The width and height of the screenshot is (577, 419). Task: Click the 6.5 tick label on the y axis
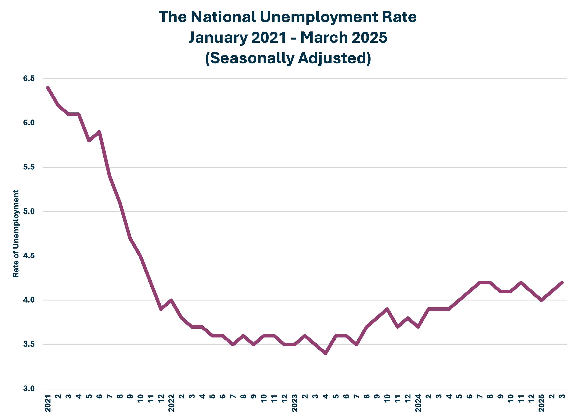[29, 79]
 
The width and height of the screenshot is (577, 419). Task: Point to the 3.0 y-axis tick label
[29, 388]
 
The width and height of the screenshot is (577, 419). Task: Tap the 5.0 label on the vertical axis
[29, 211]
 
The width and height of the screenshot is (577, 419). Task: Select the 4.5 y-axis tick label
[29, 256]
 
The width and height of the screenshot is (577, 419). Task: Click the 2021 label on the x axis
[48, 403]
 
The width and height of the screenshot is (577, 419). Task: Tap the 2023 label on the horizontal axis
[295, 403]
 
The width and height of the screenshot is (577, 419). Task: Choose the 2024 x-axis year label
[418, 403]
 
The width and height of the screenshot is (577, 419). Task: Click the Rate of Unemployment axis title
[16, 234]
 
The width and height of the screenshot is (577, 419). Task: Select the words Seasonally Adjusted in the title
[288, 58]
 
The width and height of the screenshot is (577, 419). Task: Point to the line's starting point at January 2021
[48, 88]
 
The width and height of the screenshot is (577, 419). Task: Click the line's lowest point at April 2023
[326, 353]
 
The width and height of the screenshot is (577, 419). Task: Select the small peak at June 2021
[99, 132]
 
